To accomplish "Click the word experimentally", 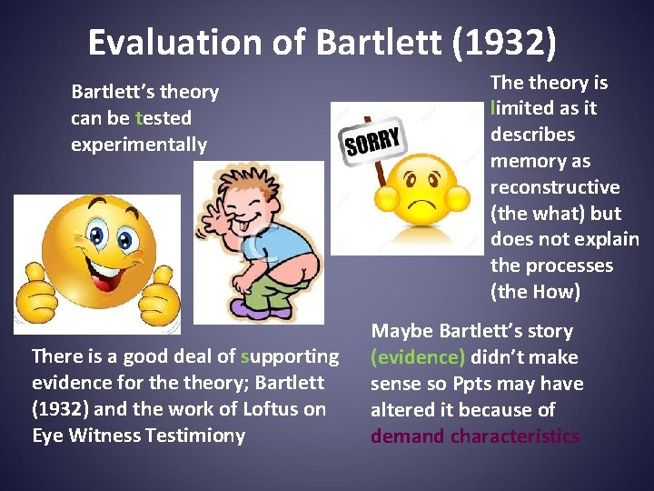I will click(139, 145).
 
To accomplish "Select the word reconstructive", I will click(555, 187).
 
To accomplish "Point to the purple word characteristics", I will click(523, 436).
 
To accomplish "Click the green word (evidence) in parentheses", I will click(416, 357).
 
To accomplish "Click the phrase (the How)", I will click(533, 293).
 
